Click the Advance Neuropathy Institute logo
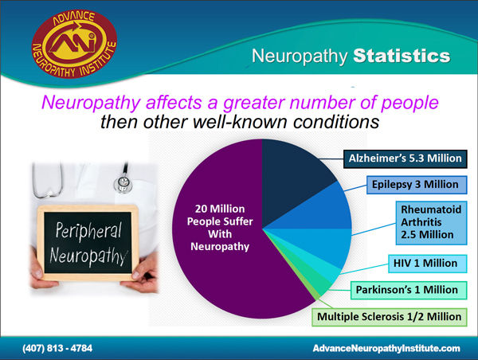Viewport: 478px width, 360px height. [x=74, y=44]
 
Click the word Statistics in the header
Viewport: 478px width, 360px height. [x=402, y=56]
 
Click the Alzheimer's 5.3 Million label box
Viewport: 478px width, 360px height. [x=406, y=158]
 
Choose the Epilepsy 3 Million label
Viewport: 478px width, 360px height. [x=417, y=185]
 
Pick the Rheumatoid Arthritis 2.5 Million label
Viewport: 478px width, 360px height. [x=431, y=222]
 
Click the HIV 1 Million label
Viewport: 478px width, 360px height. [x=427, y=264]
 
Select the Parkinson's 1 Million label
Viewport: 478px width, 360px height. [x=409, y=290]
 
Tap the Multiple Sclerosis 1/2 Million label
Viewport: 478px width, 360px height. [x=390, y=317]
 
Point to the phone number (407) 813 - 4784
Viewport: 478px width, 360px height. [x=57, y=348]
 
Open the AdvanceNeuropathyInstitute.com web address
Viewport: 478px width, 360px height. [x=386, y=348]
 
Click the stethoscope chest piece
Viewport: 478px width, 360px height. [x=123, y=183]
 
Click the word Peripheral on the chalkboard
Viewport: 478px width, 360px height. [x=88, y=231]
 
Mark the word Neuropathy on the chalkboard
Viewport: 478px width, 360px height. [x=88, y=256]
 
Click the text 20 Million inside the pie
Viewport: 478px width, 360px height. [x=220, y=209]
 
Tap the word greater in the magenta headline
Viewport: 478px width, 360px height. [x=254, y=103]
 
